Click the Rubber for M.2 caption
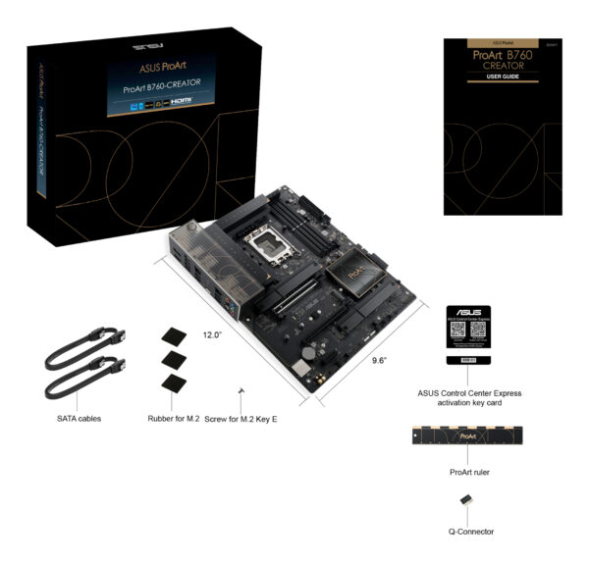pyautogui.click(x=174, y=418)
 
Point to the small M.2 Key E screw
pyautogui.click(x=241, y=391)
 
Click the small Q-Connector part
pyautogui.click(x=467, y=501)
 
